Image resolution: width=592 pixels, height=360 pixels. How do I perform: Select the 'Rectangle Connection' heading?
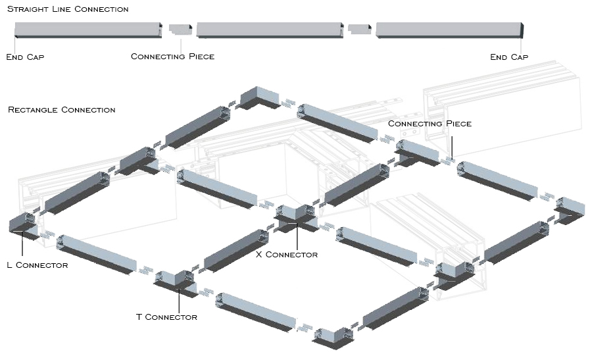coord(61,110)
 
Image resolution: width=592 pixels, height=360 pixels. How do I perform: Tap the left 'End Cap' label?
coord(25,57)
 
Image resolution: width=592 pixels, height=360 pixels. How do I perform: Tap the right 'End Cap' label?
coord(509,57)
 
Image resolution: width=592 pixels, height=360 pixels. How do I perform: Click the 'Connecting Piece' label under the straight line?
coord(172,57)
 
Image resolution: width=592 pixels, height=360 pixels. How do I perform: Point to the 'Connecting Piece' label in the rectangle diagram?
coord(430,124)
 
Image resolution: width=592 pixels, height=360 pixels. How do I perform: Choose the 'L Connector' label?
coord(37,265)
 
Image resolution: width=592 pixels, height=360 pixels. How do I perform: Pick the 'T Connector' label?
coord(166,317)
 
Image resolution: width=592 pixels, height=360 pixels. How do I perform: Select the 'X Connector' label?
coord(286,255)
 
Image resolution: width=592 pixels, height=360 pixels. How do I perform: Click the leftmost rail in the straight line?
coord(88,30)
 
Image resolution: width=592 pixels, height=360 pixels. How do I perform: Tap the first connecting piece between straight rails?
coord(180,30)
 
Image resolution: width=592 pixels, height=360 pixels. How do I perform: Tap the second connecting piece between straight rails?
coord(359,30)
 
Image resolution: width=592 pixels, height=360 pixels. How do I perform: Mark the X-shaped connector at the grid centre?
coord(297,217)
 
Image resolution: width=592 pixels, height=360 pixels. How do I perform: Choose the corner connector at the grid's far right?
coord(570,208)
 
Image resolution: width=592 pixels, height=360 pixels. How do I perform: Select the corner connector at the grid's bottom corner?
coord(332,338)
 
